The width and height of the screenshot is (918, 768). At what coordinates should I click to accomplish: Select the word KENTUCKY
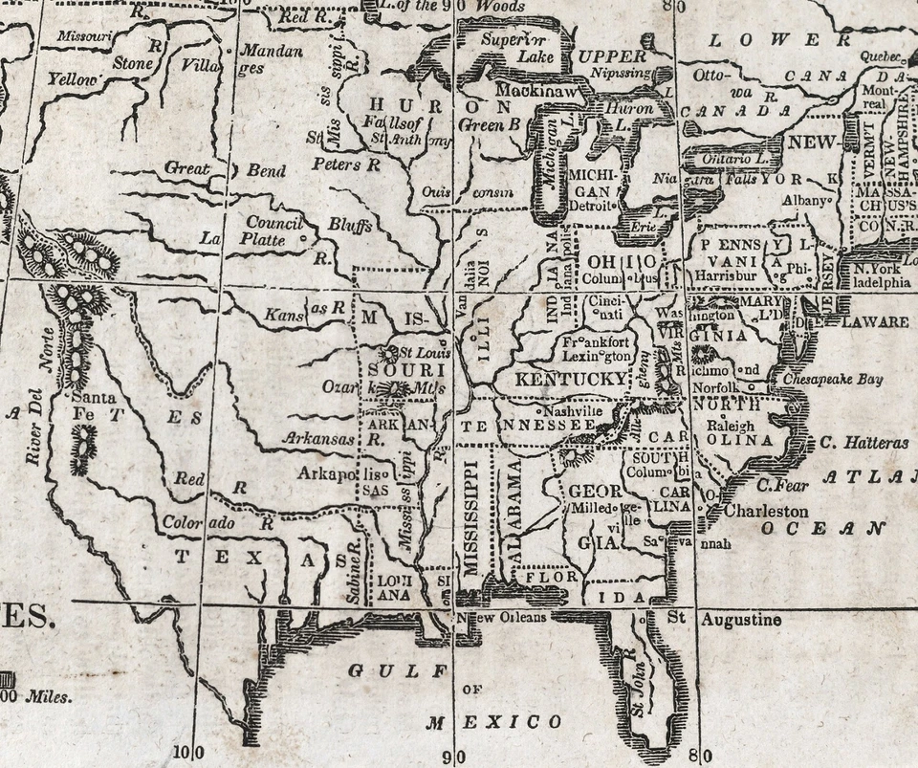click(x=571, y=380)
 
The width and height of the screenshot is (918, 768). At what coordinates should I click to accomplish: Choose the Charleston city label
click(x=765, y=511)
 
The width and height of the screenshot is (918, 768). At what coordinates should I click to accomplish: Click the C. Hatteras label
click(x=863, y=443)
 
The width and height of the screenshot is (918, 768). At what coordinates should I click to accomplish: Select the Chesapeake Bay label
click(x=833, y=380)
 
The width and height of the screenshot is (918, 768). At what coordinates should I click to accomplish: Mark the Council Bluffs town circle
click(x=303, y=236)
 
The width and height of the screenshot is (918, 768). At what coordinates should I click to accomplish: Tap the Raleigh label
click(x=730, y=425)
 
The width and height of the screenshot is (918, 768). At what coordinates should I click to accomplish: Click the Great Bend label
click(x=225, y=169)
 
